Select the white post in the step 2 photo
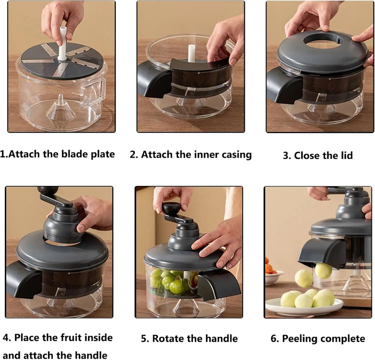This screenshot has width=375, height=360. pos(191,53)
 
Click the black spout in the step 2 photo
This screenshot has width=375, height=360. pos(153,80)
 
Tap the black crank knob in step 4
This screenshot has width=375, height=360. pos(48,190)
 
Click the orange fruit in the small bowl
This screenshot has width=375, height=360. pos(271,266)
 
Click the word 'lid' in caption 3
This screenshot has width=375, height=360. pos(347,155)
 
